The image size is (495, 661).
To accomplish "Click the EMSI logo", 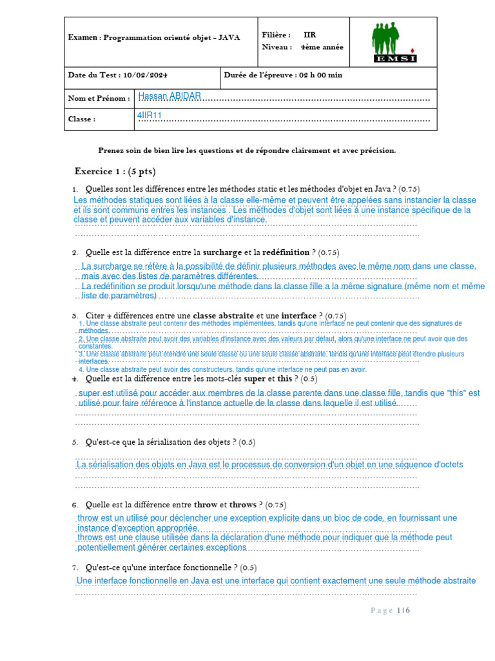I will (x=394, y=43).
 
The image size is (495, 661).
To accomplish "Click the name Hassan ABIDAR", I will (x=170, y=96).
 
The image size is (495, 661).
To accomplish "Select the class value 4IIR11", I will (x=150, y=116).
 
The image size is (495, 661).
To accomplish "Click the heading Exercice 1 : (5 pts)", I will (x=115, y=172).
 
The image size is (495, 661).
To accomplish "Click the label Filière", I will (x=276, y=35).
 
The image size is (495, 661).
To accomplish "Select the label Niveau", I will (x=277, y=47).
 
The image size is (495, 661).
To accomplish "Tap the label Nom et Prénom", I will (x=99, y=99).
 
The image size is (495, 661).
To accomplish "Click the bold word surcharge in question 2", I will (x=222, y=252).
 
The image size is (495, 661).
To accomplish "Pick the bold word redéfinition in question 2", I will (x=286, y=252).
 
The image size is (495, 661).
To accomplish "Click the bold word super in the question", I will (x=255, y=379).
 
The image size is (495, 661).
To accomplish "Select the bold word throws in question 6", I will (x=242, y=505).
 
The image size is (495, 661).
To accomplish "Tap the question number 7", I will (x=75, y=567).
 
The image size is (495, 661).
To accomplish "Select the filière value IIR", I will (x=310, y=35).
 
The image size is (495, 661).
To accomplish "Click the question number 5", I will (x=75, y=442).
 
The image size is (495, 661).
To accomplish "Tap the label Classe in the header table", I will (x=82, y=119).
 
